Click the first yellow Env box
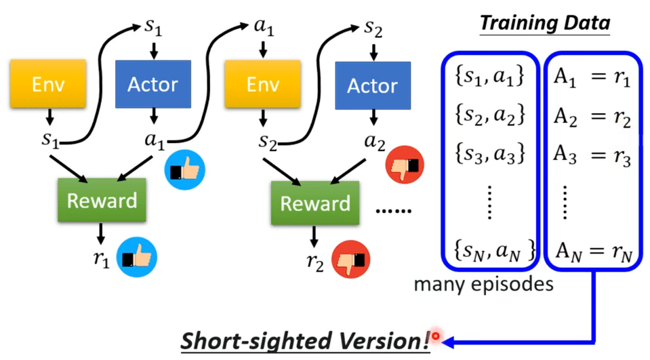click(48, 84)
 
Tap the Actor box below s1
click(152, 84)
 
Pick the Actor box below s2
click(372, 85)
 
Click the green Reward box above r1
click(102, 201)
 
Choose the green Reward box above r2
click(315, 203)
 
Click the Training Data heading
click(545, 24)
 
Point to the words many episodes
click(483, 284)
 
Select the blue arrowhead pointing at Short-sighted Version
click(449, 341)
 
